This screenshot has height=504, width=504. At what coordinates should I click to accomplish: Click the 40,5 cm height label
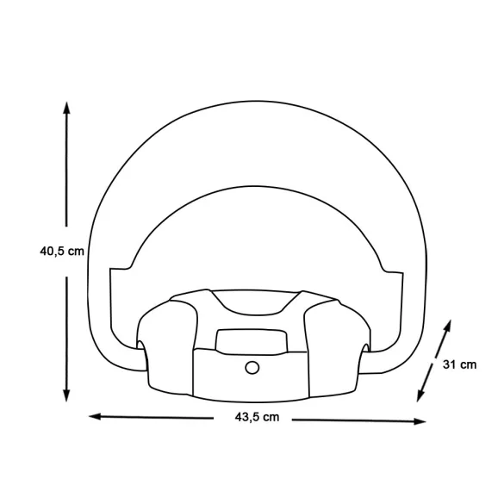click(x=62, y=252)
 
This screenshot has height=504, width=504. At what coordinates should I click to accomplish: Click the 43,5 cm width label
click(x=257, y=417)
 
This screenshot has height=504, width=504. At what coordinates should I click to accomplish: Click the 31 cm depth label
click(x=459, y=364)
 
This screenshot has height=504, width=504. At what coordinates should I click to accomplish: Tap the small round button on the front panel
click(x=252, y=367)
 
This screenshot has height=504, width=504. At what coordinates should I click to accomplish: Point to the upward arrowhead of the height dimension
click(x=66, y=108)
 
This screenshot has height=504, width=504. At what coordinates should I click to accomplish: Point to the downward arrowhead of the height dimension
click(x=66, y=395)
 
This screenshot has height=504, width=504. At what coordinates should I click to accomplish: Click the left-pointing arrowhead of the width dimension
click(x=95, y=417)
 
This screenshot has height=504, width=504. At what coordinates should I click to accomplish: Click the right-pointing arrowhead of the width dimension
click(x=420, y=421)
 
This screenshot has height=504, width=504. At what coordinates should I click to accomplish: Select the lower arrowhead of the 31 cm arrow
click(x=420, y=395)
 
